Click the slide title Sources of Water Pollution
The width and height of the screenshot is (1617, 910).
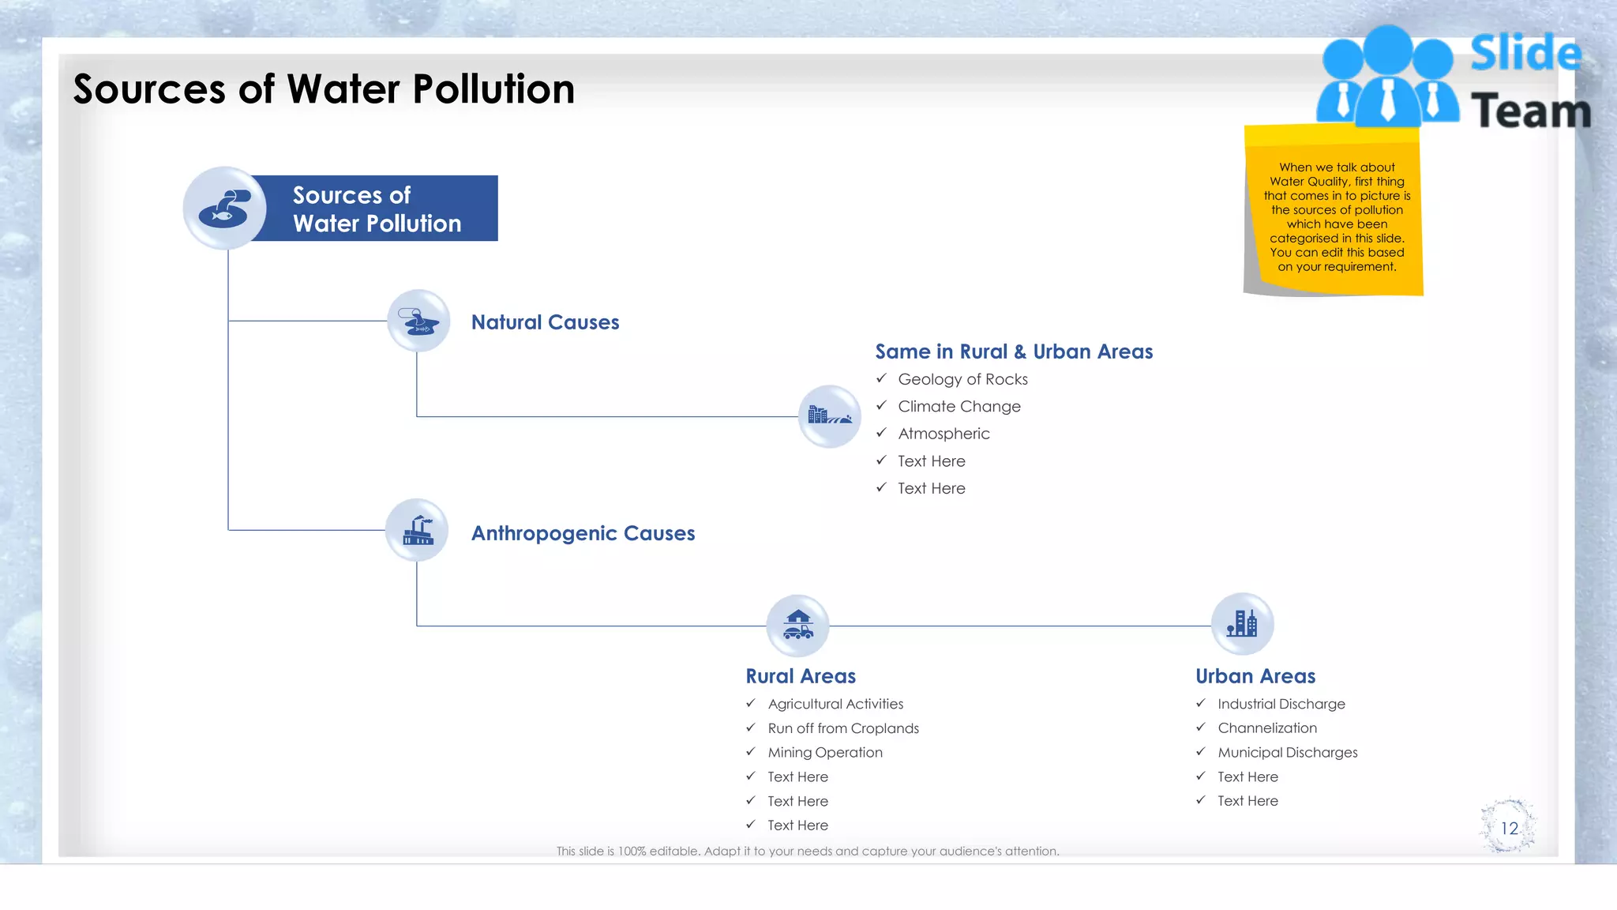324,88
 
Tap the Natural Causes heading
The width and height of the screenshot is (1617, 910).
545,322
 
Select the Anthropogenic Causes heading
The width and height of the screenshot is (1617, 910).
583,533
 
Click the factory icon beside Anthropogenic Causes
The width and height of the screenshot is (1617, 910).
417,530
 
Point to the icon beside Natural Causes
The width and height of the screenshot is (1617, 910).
418,321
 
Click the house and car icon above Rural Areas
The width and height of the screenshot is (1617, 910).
797,626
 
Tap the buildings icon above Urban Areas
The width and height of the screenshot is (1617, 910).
1242,624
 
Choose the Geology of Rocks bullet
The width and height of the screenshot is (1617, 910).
962,379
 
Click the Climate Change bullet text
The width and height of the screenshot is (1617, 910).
959,406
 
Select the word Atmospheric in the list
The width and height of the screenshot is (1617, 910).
944,434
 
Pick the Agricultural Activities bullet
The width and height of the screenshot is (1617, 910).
835,704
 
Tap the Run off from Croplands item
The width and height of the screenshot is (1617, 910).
843,728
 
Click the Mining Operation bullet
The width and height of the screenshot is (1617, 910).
825,753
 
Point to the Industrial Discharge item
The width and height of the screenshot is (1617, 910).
1281,704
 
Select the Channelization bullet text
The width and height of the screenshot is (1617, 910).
1267,728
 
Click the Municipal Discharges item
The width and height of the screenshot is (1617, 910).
1287,753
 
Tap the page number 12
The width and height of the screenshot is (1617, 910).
1509,828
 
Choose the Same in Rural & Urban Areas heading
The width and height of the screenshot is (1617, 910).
1014,352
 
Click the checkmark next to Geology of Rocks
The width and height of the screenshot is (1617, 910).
881,378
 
